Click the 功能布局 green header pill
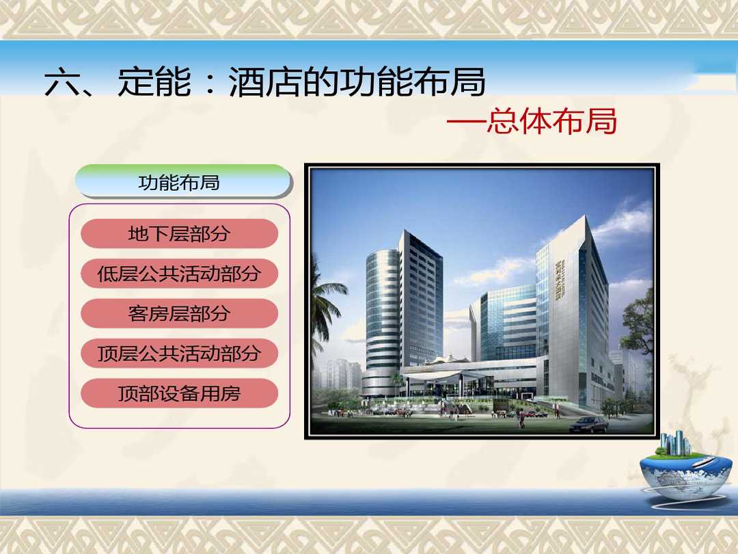(x=184, y=181)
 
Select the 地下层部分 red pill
(x=179, y=234)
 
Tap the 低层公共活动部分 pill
(x=179, y=274)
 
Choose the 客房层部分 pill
(x=179, y=313)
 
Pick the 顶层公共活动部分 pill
(x=179, y=354)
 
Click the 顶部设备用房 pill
(x=179, y=393)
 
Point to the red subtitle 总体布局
(x=551, y=121)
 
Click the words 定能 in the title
(x=155, y=82)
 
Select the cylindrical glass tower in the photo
(x=382, y=320)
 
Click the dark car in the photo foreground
(x=589, y=425)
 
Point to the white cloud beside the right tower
(x=621, y=222)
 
